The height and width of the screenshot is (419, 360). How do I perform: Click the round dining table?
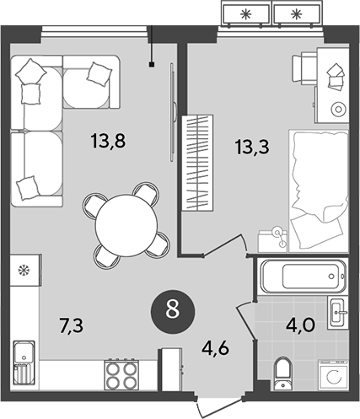(124, 221)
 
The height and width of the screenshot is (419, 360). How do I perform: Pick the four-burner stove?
(121, 373)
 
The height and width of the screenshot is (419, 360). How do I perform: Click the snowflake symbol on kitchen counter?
(24, 271)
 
